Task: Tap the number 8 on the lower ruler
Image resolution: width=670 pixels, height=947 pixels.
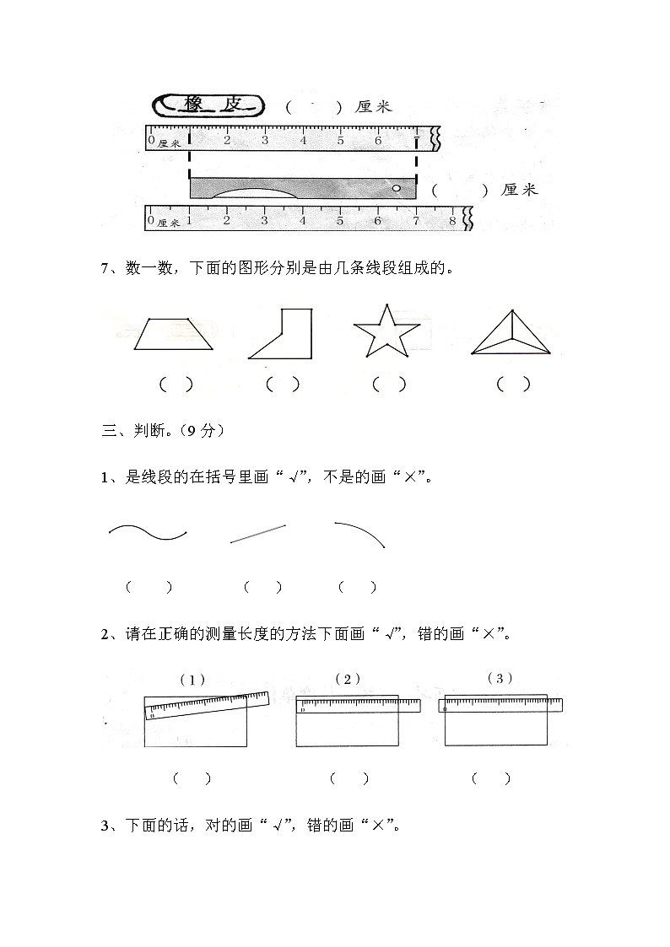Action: pyautogui.click(x=452, y=221)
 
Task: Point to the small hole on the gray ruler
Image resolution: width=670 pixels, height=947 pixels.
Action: pyautogui.click(x=396, y=188)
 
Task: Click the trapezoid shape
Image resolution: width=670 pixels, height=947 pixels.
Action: pyautogui.click(x=173, y=335)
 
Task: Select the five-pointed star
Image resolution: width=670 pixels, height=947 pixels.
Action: pyautogui.click(x=386, y=333)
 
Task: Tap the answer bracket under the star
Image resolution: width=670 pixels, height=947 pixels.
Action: pyautogui.click(x=388, y=385)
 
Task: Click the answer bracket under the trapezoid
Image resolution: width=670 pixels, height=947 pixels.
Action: pyautogui.click(x=176, y=385)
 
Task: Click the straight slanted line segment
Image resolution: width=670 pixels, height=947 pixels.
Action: pyautogui.click(x=257, y=534)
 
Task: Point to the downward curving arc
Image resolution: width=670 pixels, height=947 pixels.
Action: pyautogui.click(x=361, y=533)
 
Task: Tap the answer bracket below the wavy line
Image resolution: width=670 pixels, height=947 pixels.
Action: pyautogui.click(x=149, y=588)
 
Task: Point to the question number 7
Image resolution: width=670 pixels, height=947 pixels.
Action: pyautogui.click(x=105, y=269)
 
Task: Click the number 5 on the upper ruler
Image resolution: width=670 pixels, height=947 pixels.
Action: pyautogui.click(x=340, y=140)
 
